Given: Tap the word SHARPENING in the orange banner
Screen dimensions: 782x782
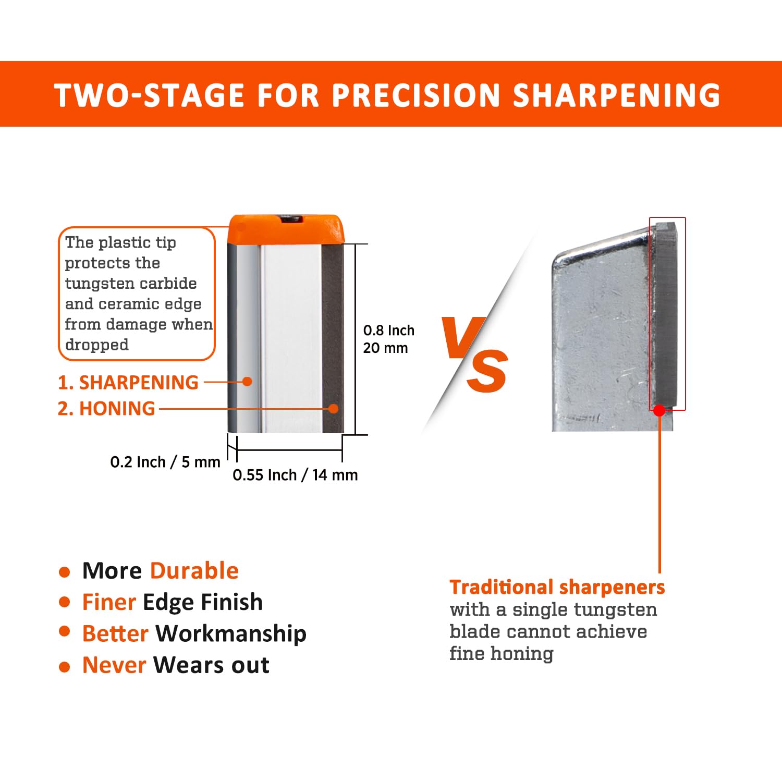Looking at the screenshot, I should [x=616, y=95].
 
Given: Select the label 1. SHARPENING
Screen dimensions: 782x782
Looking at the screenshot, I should [x=128, y=382].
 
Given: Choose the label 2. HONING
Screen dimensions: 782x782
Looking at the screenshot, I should [x=106, y=408].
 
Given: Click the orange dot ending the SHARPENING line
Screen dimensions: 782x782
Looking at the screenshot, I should [x=248, y=382].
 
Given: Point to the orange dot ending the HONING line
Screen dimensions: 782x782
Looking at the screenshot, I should [x=334, y=409].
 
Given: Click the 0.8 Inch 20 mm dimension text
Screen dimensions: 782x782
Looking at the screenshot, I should [x=388, y=339].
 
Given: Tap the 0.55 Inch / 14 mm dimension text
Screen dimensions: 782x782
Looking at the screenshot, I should [x=295, y=475].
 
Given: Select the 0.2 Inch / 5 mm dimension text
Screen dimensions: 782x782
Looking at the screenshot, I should [x=165, y=462].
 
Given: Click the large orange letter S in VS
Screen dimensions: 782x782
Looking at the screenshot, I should [x=487, y=371].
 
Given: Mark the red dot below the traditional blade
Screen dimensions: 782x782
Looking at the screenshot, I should [x=659, y=410].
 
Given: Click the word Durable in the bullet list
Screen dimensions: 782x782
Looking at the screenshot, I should [x=194, y=571].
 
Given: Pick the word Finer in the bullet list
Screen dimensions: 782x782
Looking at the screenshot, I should [x=109, y=602].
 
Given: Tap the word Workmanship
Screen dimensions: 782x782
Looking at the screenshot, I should [x=231, y=633].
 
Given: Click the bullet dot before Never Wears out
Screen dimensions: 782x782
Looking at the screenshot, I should [x=65, y=667].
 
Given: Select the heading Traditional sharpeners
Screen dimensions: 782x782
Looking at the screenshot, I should [x=557, y=587].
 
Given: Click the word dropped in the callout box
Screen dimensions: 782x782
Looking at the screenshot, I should [x=97, y=345].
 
